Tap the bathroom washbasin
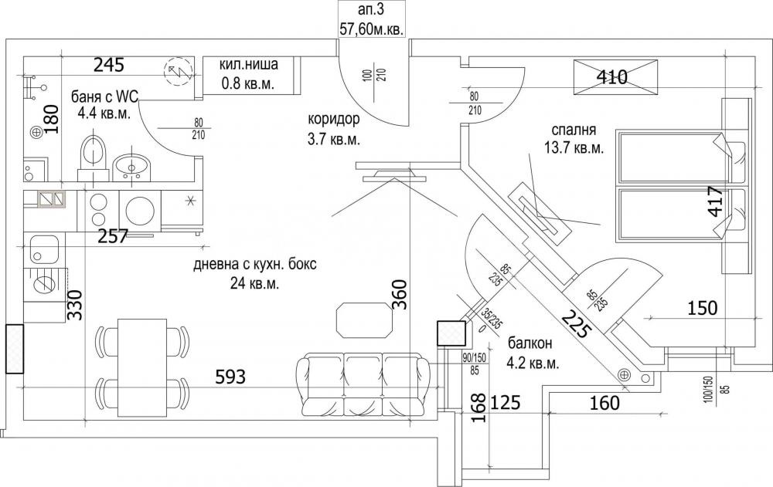(x=131, y=167)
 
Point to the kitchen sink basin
(x=43, y=249)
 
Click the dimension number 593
(x=230, y=377)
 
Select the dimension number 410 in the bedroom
(x=611, y=77)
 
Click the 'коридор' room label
(x=334, y=119)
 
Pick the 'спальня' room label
(x=574, y=130)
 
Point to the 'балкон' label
(x=530, y=343)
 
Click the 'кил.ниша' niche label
(x=248, y=65)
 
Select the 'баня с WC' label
(x=105, y=96)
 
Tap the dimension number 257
(x=113, y=236)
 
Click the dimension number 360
(x=400, y=295)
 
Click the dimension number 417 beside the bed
(x=715, y=201)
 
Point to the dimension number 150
(x=702, y=308)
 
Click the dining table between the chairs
(x=142, y=367)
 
